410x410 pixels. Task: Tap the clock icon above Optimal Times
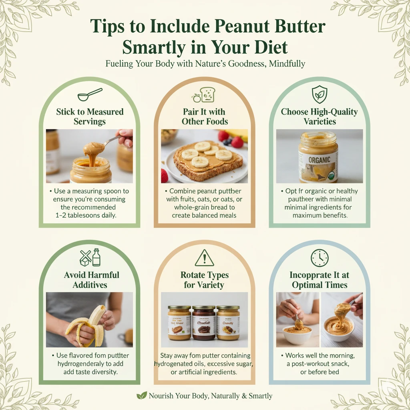click(x=319, y=258)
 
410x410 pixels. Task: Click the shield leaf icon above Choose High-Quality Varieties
click(x=319, y=94)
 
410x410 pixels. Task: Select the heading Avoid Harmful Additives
click(x=92, y=280)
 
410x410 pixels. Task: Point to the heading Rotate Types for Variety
click(x=205, y=280)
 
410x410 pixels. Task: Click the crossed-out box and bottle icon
click(x=90, y=257)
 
